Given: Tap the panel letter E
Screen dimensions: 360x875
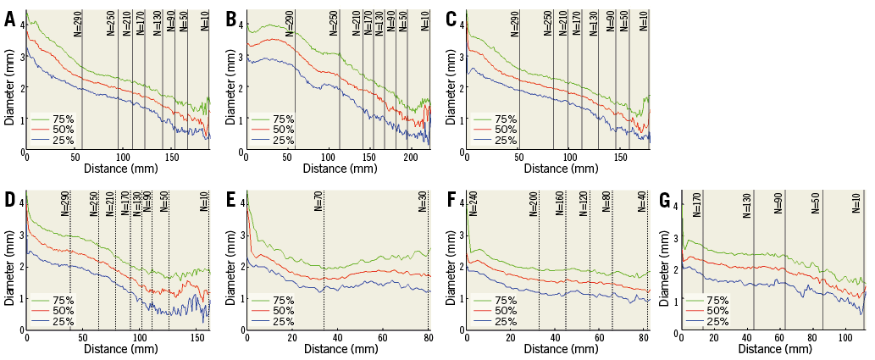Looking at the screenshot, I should click(230, 202).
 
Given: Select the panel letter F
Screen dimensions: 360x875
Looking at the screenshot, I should click(451, 202).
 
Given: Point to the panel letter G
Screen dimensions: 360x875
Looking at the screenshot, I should click(665, 202).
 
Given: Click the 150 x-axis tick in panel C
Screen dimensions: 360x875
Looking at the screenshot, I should click(620, 158).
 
